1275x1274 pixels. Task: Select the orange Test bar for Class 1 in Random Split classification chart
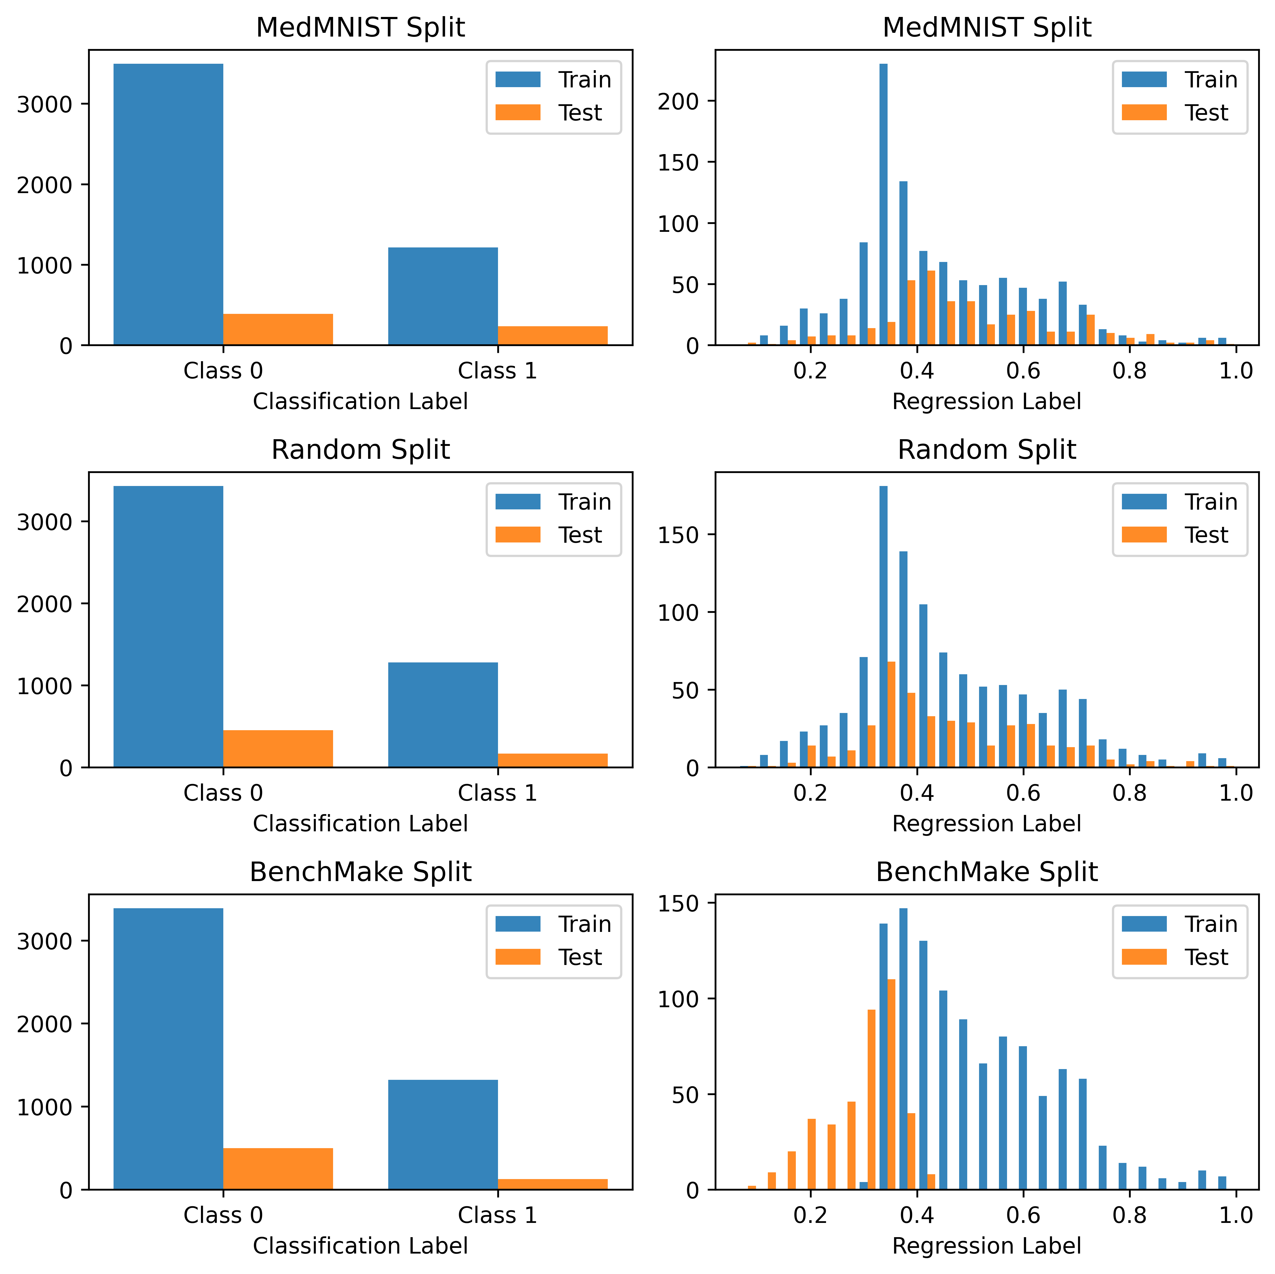(x=552, y=760)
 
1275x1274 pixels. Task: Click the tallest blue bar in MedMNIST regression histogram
(x=883, y=204)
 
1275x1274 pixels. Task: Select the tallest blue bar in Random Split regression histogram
(x=883, y=627)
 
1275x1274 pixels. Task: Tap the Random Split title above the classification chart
(x=360, y=450)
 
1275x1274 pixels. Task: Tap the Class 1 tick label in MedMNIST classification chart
(x=497, y=371)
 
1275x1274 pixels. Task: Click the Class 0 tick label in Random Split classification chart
(x=223, y=792)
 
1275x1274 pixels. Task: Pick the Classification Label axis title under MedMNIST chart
(x=360, y=401)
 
